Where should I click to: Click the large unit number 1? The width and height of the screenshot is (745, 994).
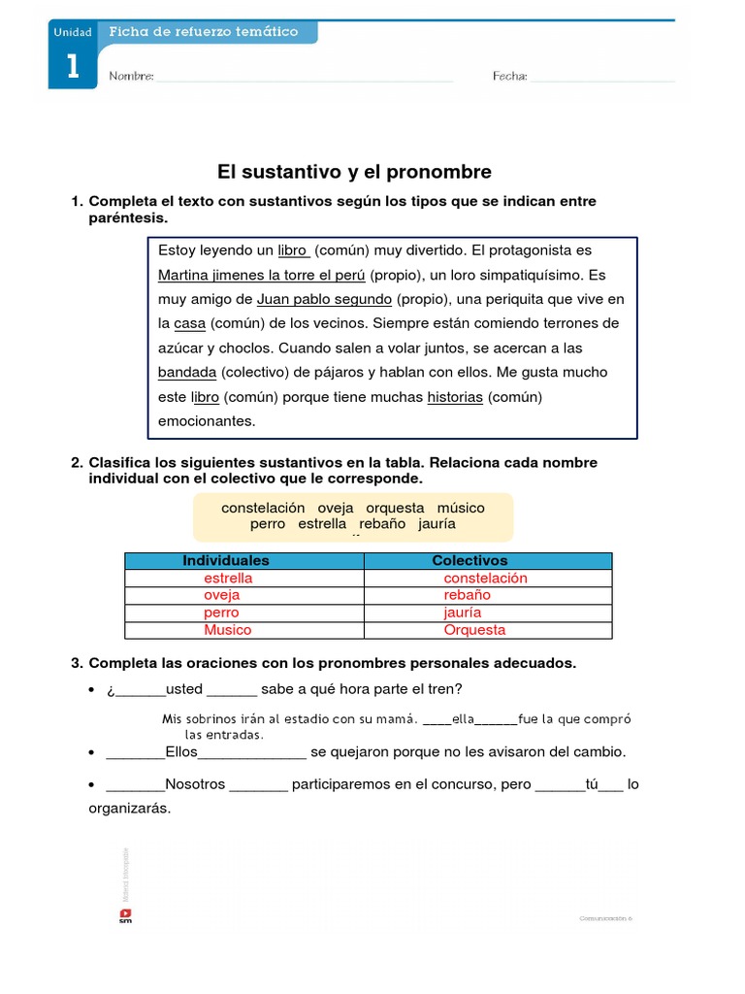tap(72, 66)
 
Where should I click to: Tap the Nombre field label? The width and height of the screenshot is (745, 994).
tap(131, 76)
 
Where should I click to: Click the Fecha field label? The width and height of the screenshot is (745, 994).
tap(509, 76)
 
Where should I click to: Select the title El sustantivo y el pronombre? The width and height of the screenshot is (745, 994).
tap(354, 172)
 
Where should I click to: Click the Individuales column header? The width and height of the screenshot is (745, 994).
tap(226, 561)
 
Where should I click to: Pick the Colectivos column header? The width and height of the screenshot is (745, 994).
tap(470, 561)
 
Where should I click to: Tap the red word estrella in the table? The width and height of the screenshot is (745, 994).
tap(228, 579)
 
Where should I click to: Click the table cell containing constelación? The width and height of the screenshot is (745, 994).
tap(485, 579)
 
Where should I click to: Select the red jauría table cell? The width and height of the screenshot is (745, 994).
tap(463, 613)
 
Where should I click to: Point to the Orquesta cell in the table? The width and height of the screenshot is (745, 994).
tap(474, 631)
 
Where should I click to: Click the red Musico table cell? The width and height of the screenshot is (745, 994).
tap(227, 631)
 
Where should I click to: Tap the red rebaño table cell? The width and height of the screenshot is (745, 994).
tap(468, 596)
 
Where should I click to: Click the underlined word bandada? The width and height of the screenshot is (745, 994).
tap(187, 373)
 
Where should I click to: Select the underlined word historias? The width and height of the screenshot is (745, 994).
tap(455, 397)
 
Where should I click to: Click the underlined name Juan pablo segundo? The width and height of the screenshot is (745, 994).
tap(324, 299)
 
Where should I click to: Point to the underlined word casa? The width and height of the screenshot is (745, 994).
tap(190, 323)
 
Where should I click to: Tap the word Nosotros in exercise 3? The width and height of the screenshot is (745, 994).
tap(195, 784)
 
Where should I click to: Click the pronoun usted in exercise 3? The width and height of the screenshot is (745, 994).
tap(184, 689)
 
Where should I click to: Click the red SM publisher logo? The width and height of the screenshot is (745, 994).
tap(125, 915)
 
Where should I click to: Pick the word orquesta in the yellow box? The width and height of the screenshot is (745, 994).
tap(395, 508)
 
